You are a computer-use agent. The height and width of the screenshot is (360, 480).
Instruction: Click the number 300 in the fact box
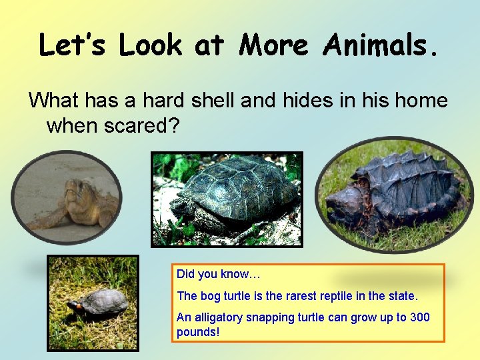point(420,317)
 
